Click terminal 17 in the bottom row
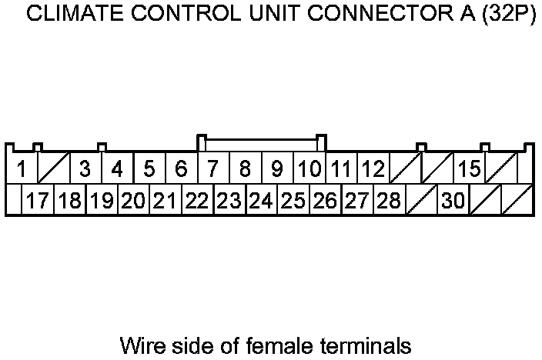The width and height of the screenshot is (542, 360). point(37,202)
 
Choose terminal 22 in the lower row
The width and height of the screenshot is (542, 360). point(197,202)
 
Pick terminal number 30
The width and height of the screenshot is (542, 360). point(453,202)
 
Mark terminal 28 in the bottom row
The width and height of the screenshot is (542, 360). point(390,202)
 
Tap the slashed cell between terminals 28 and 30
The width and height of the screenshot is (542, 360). point(421,202)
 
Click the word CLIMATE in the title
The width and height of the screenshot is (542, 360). point(68,16)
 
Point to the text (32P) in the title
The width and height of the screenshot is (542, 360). point(507,16)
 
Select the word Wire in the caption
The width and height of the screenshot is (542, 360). point(139,344)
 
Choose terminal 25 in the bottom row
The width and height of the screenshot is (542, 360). point(293,202)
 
